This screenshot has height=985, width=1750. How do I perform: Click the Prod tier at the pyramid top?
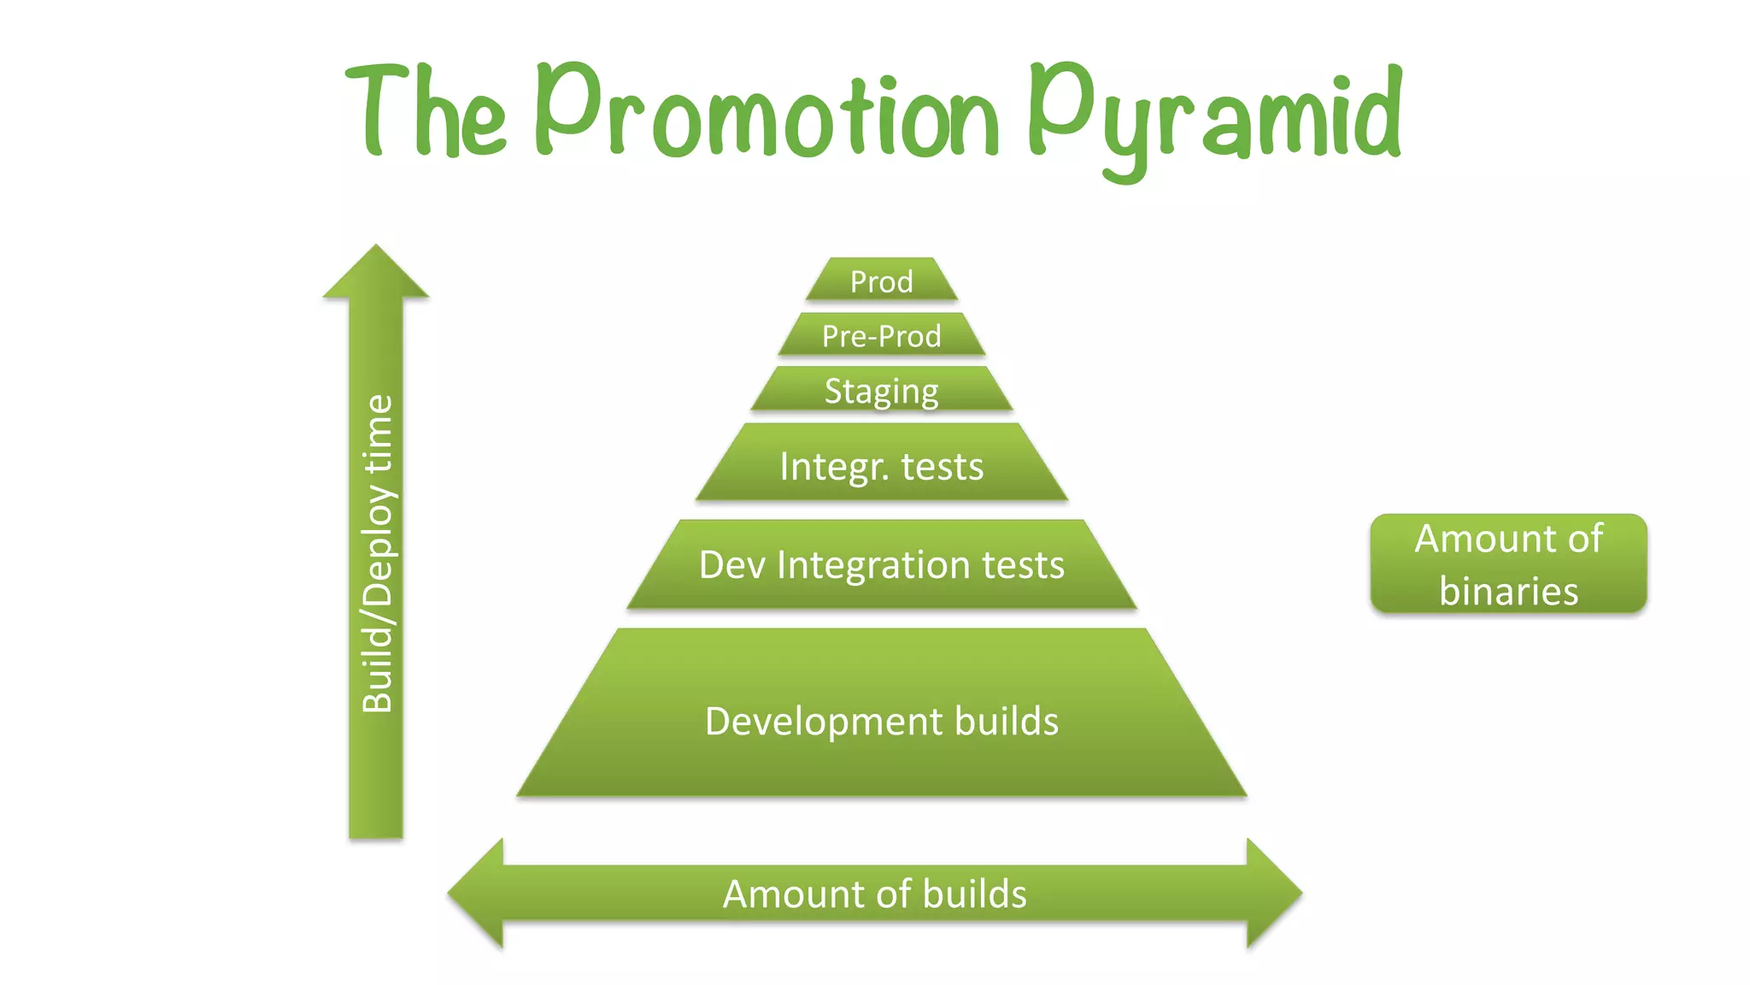click(x=881, y=280)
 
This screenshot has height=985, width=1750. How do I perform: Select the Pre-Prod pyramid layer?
click(x=881, y=335)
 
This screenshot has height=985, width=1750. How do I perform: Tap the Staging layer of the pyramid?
click(x=881, y=390)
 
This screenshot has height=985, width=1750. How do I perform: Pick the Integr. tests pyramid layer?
click(x=881, y=466)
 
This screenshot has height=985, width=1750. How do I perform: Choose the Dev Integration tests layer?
click(x=881, y=565)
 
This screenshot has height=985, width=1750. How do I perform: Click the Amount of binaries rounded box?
click(x=1508, y=564)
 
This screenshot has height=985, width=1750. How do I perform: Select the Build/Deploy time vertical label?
click(x=377, y=553)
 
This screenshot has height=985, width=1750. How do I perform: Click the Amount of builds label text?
click(x=874, y=894)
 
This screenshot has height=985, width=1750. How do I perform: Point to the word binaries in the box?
click(x=1508, y=591)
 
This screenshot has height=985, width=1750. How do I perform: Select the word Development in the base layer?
click(x=824, y=722)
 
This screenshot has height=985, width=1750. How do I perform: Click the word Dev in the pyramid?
click(x=731, y=565)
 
